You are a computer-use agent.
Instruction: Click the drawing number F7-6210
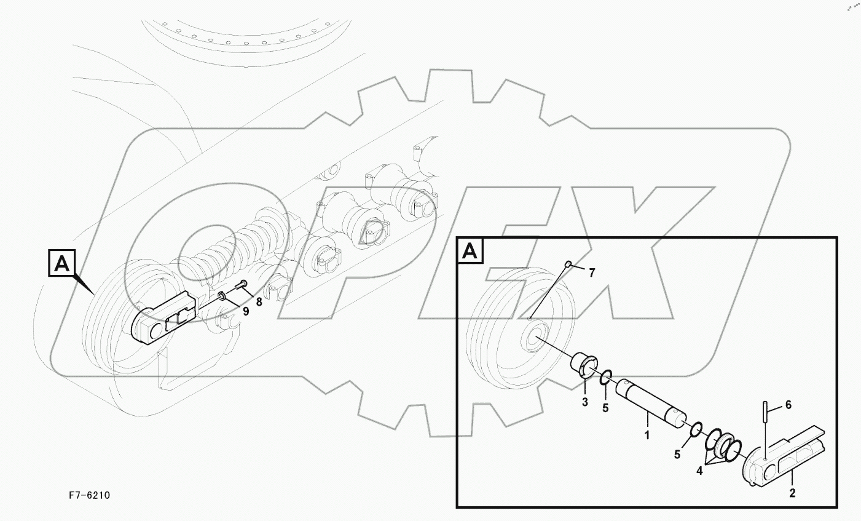(x=89, y=495)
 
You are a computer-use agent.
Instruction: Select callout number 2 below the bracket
(x=792, y=493)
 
